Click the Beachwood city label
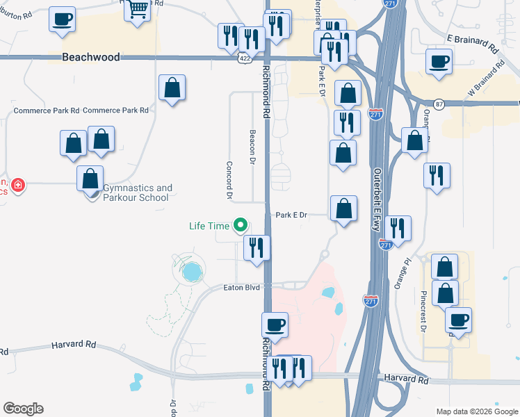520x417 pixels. tap(90, 57)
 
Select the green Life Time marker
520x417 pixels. tap(241, 224)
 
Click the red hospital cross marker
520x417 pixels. tap(17, 186)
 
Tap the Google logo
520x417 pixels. tap(23, 409)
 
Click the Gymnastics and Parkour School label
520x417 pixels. tap(136, 193)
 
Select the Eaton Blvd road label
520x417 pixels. tap(241, 287)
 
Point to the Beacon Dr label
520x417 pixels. tap(252, 147)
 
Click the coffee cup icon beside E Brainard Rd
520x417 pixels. tap(439, 61)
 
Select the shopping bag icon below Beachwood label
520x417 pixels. tap(172, 88)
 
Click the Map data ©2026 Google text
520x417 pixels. tap(477, 411)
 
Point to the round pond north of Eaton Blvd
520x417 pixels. tap(190, 272)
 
